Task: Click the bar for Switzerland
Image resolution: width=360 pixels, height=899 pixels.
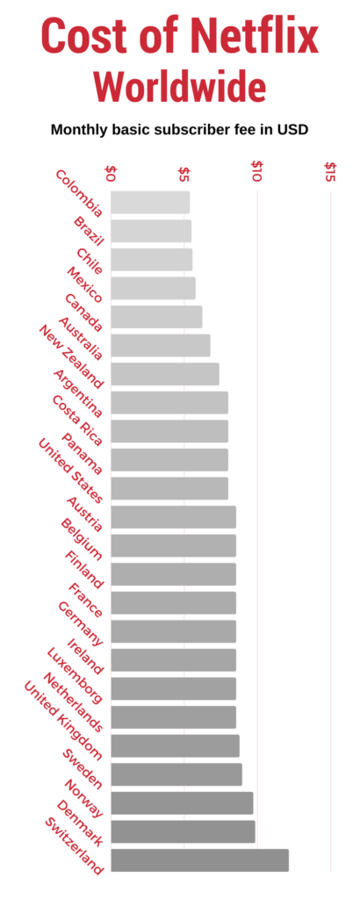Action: click(x=199, y=860)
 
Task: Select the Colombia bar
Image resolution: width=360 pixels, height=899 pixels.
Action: click(x=150, y=202)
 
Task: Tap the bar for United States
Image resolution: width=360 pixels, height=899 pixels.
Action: click(x=169, y=488)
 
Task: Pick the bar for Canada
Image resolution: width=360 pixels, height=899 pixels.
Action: click(x=156, y=317)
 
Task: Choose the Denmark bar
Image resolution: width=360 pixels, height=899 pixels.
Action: click(x=183, y=831)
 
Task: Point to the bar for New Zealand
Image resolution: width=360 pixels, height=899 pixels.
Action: click(x=165, y=374)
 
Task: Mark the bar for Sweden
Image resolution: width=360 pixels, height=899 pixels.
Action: click(x=176, y=774)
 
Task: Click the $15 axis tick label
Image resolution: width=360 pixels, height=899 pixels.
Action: click(x=330, y=171)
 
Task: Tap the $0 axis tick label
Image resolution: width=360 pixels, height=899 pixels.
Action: click(x=111, y=171)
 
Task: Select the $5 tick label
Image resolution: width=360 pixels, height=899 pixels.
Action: click(x=184, y=171)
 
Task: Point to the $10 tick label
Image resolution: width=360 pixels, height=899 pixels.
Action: click(x=257, y=171)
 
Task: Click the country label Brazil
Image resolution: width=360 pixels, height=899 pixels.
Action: click(x=89, y=230)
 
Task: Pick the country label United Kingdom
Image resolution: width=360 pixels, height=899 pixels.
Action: click(x=62, y=719)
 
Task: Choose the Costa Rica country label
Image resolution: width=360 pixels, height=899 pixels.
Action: click(x=77, y=420)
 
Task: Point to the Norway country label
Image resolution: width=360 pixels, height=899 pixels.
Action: click(x=83, y=796)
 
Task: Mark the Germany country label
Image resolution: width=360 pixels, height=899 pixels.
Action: click(x=80, y=623)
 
